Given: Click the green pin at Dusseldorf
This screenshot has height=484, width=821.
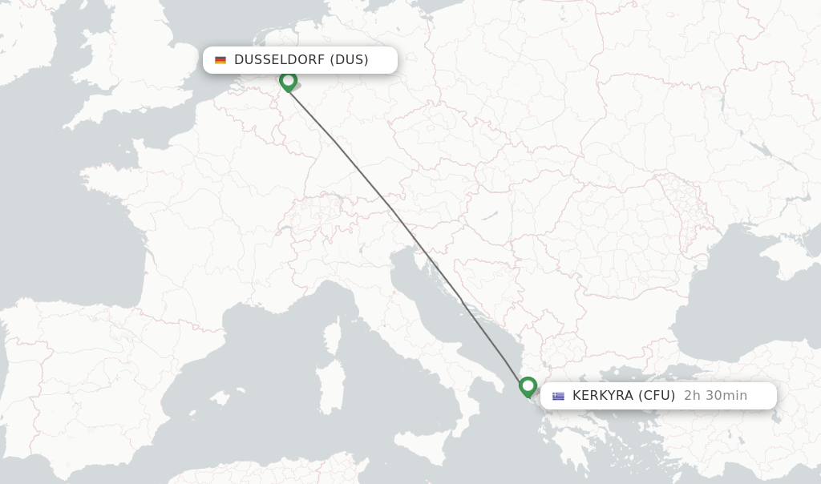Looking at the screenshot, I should (x=288, y=81).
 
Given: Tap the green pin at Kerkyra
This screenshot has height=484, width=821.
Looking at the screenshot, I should (x=528, y=386).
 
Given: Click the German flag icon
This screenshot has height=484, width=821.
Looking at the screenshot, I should (x=220, y=60).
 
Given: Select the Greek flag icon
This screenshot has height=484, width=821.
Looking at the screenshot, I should (x=558, y=396).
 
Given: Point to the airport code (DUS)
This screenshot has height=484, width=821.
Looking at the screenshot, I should (x=349, y=60).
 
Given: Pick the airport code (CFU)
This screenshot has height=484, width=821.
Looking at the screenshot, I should (x=657, y=396).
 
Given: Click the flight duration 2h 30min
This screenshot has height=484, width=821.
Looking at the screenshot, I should (x=715, y=396).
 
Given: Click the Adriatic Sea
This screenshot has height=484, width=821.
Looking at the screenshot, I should (x=433, y=296).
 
